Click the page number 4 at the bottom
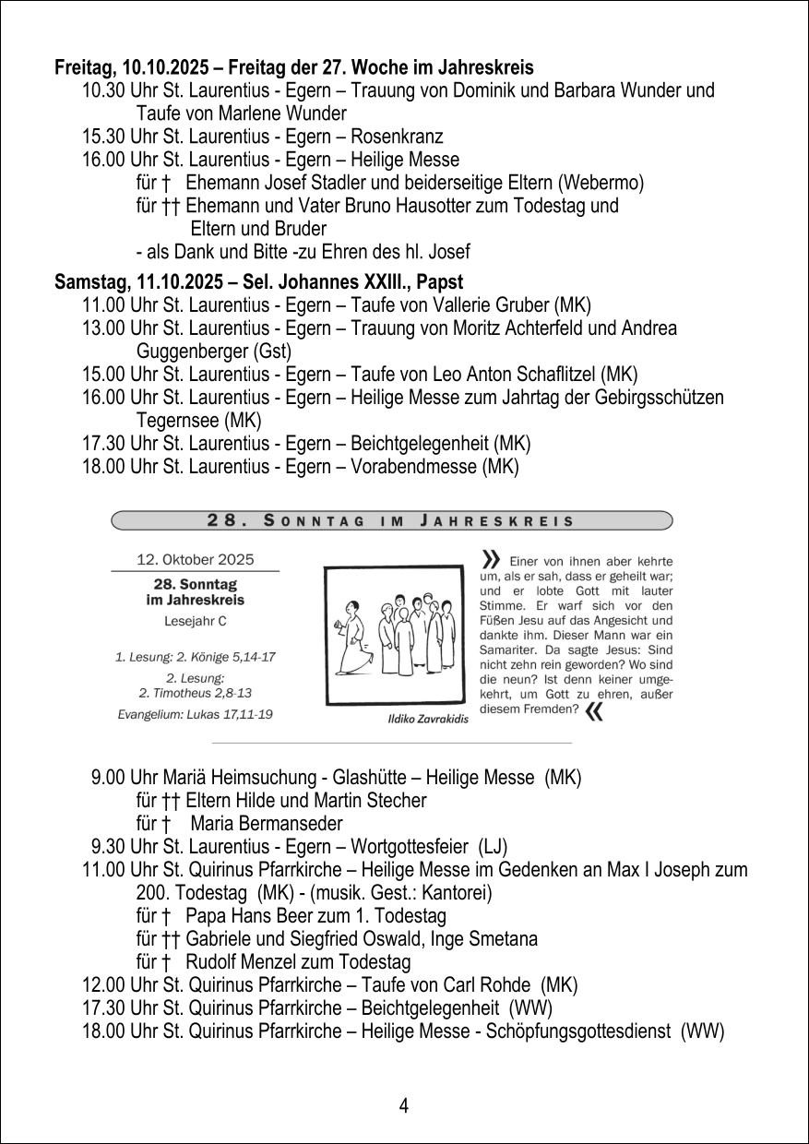pyautogui.click(x=404, y=1105)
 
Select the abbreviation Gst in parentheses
pyautogui.click(x=272, y=352)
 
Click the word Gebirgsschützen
pyautogui.click(x=665, y=398)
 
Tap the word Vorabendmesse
pyautogui.click(x=412, y=468)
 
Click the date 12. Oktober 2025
pyautogui.click(x=195, y=559)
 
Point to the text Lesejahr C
pyautogui.click(x=195, y=621)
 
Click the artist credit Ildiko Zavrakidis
pyautogui.click(x=423, y=719)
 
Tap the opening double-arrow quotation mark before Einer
pyautogui.click(x=491, y=559)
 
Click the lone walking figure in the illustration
pyautogui.click(x=353, y=637)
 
